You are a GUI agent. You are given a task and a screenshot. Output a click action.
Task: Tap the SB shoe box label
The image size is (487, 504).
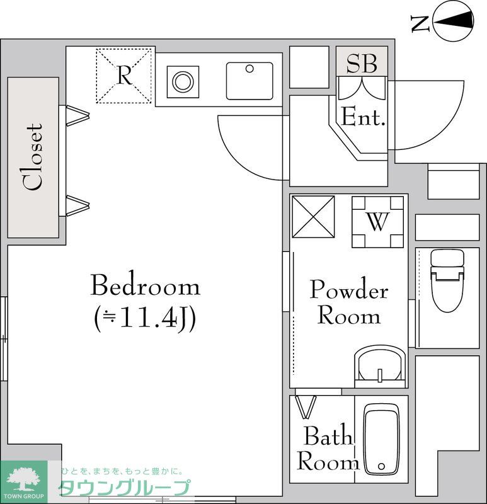(x=362, y=63)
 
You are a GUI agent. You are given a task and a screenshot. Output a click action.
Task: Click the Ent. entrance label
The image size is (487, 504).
(x=363, y=117)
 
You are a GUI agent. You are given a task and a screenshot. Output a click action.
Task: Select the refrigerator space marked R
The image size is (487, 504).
(x=125, y=76)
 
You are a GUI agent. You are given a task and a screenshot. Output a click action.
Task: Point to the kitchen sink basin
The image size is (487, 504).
(x=249, y=81)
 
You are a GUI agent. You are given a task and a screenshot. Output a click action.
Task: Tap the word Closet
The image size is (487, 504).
(x=33, y=157)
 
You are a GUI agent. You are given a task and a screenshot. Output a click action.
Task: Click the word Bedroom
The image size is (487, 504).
(x=145, y=287)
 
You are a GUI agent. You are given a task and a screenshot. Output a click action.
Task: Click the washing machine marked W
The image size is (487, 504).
(x=377, y=222)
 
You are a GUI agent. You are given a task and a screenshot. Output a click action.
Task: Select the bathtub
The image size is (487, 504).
(x=381, y=438)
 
